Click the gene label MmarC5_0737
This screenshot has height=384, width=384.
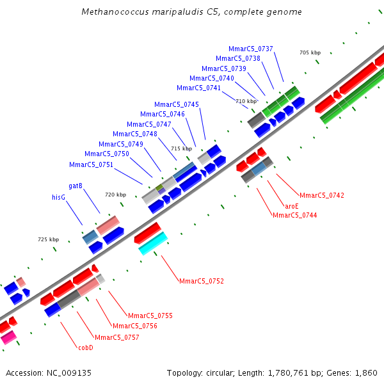[251, 49]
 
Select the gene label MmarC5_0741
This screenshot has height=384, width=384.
[198, 88]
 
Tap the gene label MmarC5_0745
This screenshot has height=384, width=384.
[177, 104]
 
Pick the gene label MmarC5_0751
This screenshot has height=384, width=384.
[91, 164]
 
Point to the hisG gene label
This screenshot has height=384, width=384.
[59, 198]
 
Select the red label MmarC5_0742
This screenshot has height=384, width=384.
[322, 195]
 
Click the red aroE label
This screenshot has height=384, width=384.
[292, 206]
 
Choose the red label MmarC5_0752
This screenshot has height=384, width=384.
[202, 281]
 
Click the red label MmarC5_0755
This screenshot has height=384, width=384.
[150, 316]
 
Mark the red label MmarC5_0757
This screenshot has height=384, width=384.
[117, 337]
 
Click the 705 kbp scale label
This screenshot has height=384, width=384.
[310, 52]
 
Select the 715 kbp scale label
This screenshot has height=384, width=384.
[181, 148]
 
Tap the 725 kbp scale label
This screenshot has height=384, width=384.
[48, 239]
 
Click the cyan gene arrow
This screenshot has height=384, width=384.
[153, 243]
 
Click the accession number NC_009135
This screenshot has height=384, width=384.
[71, 372]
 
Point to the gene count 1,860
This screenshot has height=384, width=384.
[366, 372]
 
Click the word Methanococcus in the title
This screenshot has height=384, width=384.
[111, 12]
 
